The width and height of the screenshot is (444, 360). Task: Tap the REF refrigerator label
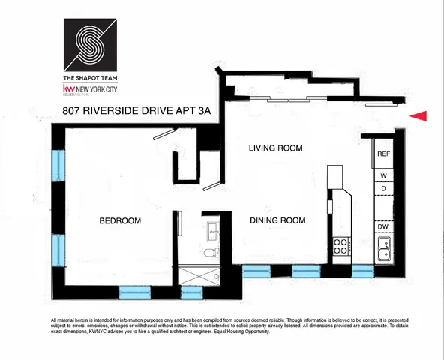[383, 153]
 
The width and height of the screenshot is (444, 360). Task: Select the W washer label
[382, 175]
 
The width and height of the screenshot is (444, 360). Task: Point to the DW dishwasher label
[382, 226]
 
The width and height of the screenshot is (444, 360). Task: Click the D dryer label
[382, 187]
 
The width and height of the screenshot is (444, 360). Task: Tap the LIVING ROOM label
[275, 148]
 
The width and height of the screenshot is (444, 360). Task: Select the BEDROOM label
[121, 220]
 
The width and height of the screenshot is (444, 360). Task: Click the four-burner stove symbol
[340, 245]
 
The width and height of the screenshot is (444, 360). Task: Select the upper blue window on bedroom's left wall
[57, 164]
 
